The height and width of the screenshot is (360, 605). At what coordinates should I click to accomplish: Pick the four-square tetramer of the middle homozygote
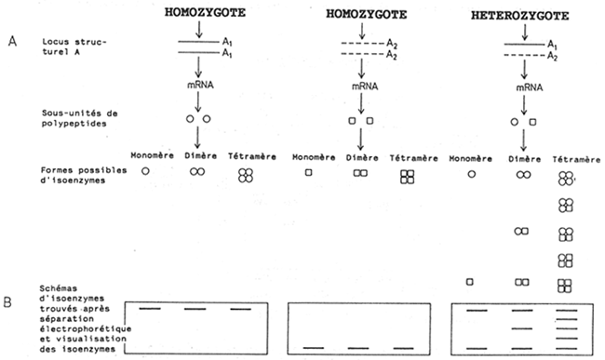tap(406, 177)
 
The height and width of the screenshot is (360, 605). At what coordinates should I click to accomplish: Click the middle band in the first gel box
tap(195, 309)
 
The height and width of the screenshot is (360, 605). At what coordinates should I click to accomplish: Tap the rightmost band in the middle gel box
tap(404, 348)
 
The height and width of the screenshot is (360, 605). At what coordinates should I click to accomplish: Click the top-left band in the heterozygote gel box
tap(475, 309)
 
